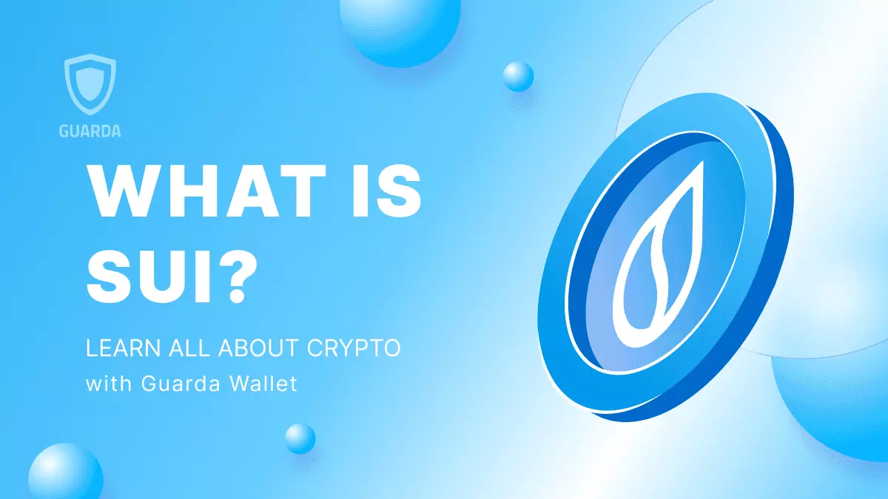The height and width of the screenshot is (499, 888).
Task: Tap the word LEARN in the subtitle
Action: click(118, 348)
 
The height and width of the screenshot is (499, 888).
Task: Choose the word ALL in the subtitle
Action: click(181, 348)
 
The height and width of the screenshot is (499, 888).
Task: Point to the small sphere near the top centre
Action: click(518, 76)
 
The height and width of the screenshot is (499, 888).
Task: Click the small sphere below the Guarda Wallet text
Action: click(300, 438)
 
